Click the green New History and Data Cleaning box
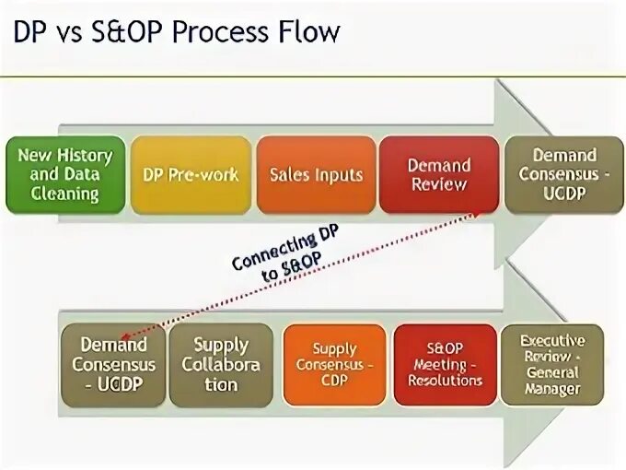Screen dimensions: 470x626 coord(64,175)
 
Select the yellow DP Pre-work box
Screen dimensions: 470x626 coord(191,175)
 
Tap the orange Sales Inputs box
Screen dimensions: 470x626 coord(316,175)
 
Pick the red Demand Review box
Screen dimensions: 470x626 coord(439,175)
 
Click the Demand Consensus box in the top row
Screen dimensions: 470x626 coord(564,175)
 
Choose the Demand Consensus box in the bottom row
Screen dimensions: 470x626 coord(114,365)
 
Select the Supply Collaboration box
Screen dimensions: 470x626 coord(221,365)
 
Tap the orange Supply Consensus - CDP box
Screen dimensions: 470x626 coord(334,365)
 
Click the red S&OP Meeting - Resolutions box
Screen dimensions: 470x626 coord(446,365)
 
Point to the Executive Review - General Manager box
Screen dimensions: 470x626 coord(551,365)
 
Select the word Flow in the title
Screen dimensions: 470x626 coord(309,33)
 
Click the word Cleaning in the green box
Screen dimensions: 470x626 coord(64,194)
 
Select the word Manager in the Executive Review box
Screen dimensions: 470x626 coord(552,389)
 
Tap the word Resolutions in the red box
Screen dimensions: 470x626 coord(446,381)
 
